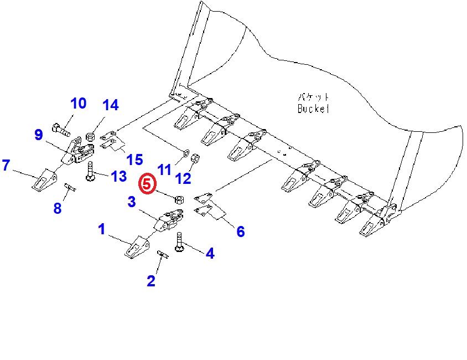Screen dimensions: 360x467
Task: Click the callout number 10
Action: coord(78,104)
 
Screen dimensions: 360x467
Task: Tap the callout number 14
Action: coord(110,105)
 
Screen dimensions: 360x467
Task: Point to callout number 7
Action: coord(6,165)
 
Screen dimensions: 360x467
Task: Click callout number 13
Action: coord(118,177)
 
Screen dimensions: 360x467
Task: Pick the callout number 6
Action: coord(240,232)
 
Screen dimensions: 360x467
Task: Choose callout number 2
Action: coord(151,281)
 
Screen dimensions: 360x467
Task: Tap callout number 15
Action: coord(134,160)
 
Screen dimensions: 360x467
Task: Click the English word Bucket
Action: coord(313,109)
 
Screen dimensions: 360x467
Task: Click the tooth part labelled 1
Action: coord(136,248)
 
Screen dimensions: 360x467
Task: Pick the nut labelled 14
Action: coord(92,135)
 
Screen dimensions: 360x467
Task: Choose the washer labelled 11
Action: coord(185,151)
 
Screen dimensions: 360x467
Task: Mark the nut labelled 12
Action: coord(195,159)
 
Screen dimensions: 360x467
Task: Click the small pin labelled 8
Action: coord(70,188)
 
